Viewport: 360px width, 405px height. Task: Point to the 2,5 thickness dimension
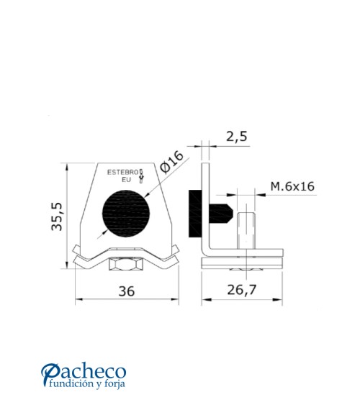click(x=236, y=135)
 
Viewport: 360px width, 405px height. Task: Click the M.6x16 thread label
click(x=292, y=187)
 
